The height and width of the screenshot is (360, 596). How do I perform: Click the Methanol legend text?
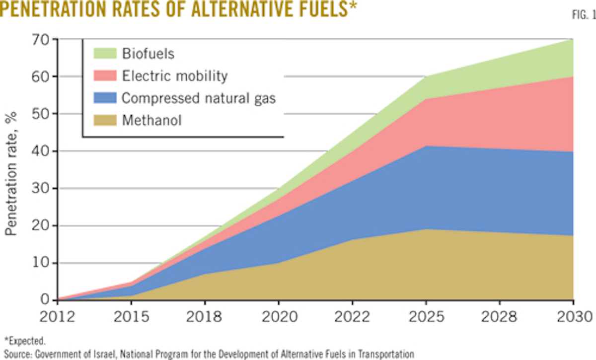[x=152, y=120]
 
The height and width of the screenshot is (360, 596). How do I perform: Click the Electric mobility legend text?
[x=174, y=75]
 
